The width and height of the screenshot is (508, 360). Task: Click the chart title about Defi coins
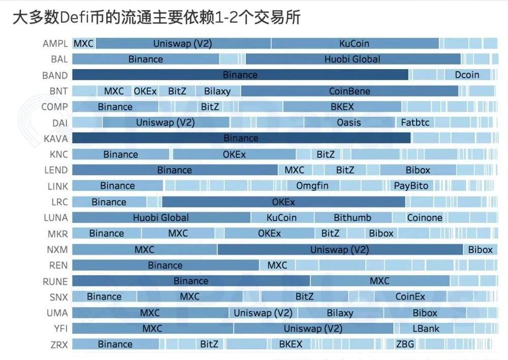point(156,18)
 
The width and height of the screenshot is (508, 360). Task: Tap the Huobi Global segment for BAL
point(353,59)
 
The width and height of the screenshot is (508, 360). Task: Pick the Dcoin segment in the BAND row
point(467,75)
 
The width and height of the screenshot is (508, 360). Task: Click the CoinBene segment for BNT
point(350,91)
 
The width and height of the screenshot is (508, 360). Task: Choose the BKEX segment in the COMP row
point(342,107)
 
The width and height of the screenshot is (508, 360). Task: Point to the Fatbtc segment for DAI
point(415,123)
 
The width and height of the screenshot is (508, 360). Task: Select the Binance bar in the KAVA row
point(241,138)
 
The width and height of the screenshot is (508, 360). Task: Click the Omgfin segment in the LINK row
point(312,186)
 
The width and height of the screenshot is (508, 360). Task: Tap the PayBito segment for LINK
point(411,186)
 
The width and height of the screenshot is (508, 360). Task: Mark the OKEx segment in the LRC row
point(283,202)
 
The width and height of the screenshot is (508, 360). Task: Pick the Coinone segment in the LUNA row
point(425,218)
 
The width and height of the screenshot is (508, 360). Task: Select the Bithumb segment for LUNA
point(353,218)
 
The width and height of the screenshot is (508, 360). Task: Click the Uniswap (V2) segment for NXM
point(340,250)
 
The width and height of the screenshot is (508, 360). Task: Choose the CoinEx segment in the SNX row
point(410,297)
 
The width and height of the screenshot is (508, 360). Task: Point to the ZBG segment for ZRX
point(405,344)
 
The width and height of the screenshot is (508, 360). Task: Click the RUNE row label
point(55,281)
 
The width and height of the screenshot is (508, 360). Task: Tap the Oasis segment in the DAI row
point(349,123)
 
